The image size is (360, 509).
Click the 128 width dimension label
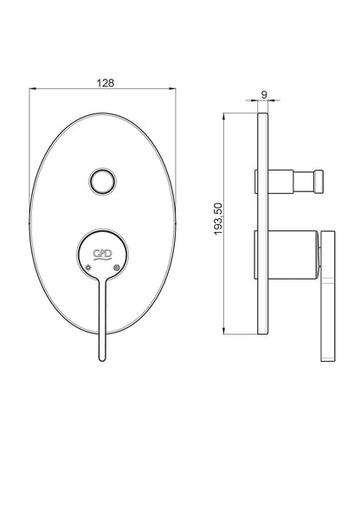(106, 83)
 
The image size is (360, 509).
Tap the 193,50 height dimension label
(218, 219)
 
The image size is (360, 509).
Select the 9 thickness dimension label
(264, 94)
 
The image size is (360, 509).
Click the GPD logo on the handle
(103, 254)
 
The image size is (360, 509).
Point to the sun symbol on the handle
(88, 267)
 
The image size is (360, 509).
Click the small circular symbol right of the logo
(117, 267)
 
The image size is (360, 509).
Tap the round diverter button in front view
(102, 181)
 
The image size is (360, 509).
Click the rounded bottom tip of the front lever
(102, 358)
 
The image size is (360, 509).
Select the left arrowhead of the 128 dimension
(32, 88)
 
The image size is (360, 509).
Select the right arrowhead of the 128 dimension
(173, 88)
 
